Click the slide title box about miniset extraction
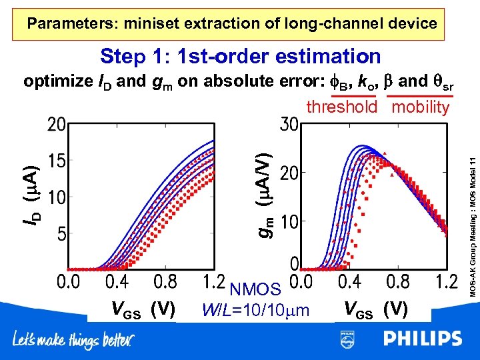[232, 24]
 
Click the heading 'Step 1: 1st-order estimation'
[240, 57]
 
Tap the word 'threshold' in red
[342, 107]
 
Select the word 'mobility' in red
[421, 107]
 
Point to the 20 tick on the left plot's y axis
[56, 125]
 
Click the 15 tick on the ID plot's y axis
[56, 161]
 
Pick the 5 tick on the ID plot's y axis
[60, 235]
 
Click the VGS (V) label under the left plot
[143, 309]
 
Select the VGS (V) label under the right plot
[375, 309]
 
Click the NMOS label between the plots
[255, 289]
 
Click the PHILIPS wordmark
[422, 339]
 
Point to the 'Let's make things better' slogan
[73, 341]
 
